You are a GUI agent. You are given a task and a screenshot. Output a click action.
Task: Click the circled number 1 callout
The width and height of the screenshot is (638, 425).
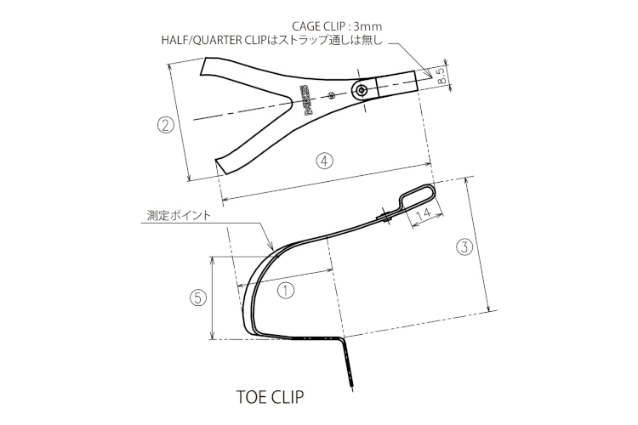(x=286, y=289)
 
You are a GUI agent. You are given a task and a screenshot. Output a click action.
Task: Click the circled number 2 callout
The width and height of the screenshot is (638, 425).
(x=167, y=125)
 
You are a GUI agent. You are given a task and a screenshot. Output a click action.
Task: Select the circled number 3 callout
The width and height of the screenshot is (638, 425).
(x=464, y=247)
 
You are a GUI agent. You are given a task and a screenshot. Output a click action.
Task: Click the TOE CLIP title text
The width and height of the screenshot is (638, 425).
(x=268, y=396)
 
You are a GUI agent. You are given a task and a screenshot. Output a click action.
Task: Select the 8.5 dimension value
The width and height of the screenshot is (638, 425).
(x=441, y=76)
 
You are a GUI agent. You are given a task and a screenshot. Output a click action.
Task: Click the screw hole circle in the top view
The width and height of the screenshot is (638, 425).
(x=364, y=89)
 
